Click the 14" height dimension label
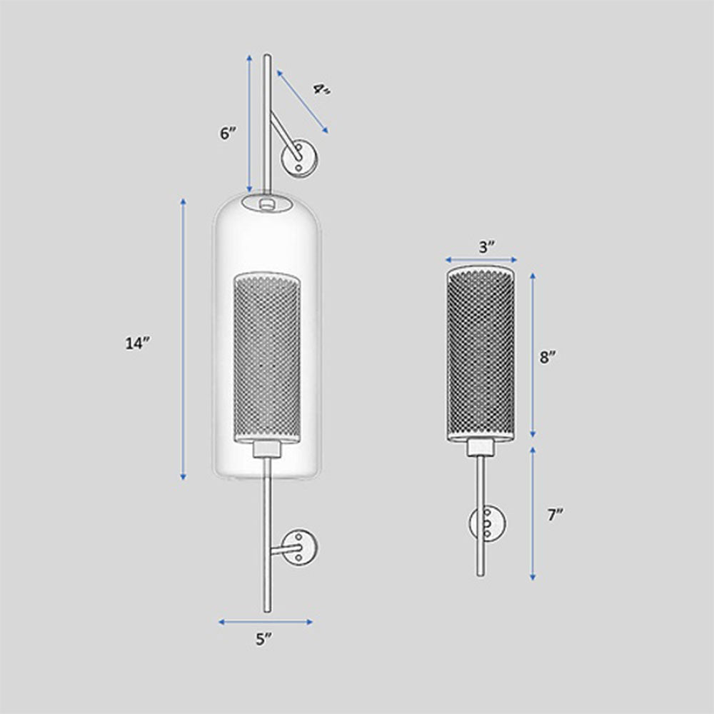136,343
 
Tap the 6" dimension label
228,134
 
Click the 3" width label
487,247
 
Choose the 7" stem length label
555,516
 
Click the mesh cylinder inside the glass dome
267,357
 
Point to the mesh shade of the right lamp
481,353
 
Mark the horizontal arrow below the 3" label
481,261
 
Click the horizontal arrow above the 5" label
266,622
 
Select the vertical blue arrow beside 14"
183,339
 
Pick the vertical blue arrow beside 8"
532,355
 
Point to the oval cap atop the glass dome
267,203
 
